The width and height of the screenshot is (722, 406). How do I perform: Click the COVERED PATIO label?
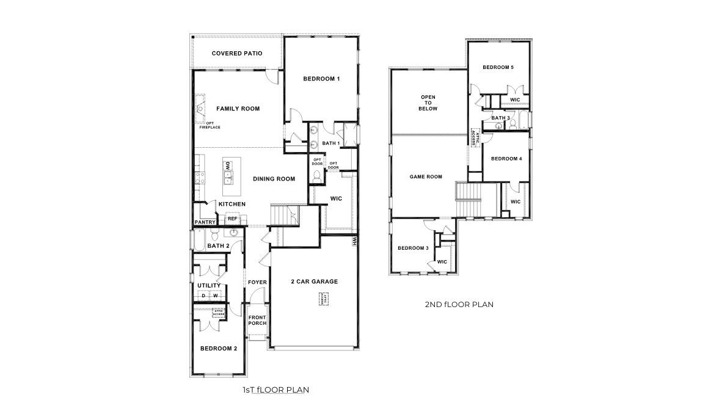pyautogui.click(x=237, y=54)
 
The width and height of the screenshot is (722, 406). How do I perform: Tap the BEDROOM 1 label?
pyautogui.click(x=321, y=79)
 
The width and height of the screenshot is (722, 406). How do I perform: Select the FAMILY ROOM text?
pyautogui.click(x=238, y=109)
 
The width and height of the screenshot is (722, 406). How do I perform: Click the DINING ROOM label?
pyautogui.click(x=274, y=179)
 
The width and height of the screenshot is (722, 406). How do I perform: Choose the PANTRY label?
pyautogui.click(x=205, y=222)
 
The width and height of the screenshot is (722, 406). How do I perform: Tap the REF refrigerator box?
pyautogui.click(x=232, y=219)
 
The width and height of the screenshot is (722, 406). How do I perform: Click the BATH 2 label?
pyautogui.click(x=218, y=246)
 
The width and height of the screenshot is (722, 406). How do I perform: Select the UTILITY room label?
pyautogui.click(x=209, y=285)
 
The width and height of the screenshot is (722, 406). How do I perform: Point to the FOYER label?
pyautogui.click(x=257, y=282)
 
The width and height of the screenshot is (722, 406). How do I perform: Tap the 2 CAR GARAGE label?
pyautogui.click(x=314, y=281)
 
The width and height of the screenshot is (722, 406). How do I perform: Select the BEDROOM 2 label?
pyautogui.click(x=219, y=349)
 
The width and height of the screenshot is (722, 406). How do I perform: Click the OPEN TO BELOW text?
pyautogui.click(x=428, y=103)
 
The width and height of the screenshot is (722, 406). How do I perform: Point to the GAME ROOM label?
pyautogui.click(x=425, y=177)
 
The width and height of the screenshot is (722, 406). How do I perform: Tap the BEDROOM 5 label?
pyautogui.click(x=498, y=67)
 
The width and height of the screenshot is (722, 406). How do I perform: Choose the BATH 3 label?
pyautogui.click(x=500, y=118)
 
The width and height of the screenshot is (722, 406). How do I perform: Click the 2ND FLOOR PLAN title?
pyautogui.click(x=459, y=303)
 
